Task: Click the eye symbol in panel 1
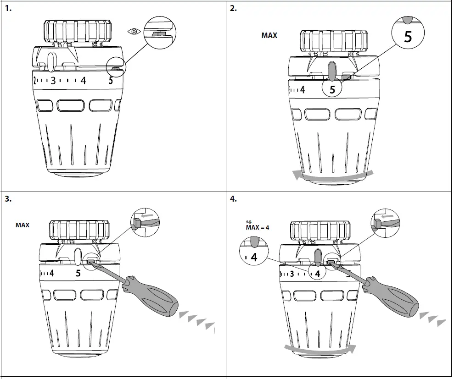[134, 32]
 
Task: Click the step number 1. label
[9, 8]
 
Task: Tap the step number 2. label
[234, 8]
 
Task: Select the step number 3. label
[8, 199]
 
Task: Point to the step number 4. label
[234, 199]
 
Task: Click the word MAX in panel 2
[269, 35]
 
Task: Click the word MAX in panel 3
[22, 225]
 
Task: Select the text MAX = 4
[258, 227]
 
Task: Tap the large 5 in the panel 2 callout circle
[408, 37]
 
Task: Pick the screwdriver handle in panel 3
[154, 296]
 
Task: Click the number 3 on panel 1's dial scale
[53, 81]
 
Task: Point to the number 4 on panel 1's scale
[83, 81]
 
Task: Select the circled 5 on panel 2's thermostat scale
[333, 89]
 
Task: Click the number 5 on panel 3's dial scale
[78, 273]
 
